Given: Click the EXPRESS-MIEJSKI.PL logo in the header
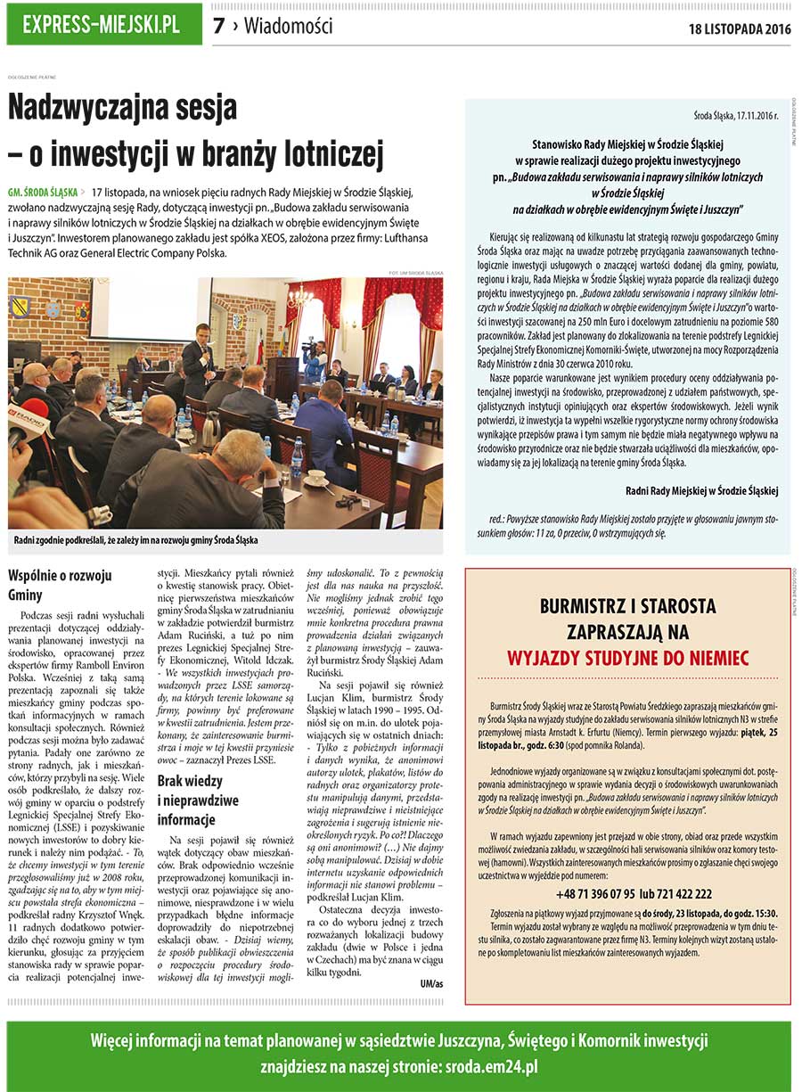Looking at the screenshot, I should [102, 24].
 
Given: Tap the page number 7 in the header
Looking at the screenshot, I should [218, 27].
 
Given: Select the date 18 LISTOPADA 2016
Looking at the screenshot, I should [740, 29].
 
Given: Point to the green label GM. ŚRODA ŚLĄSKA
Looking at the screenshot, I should [41, 192].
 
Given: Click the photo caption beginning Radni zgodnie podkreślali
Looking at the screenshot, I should [135, 540].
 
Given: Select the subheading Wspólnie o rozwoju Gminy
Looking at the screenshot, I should [48, 585].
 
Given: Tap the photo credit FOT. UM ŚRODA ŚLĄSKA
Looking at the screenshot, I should [416, 272].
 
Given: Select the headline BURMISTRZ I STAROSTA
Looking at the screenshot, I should [627, 607].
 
